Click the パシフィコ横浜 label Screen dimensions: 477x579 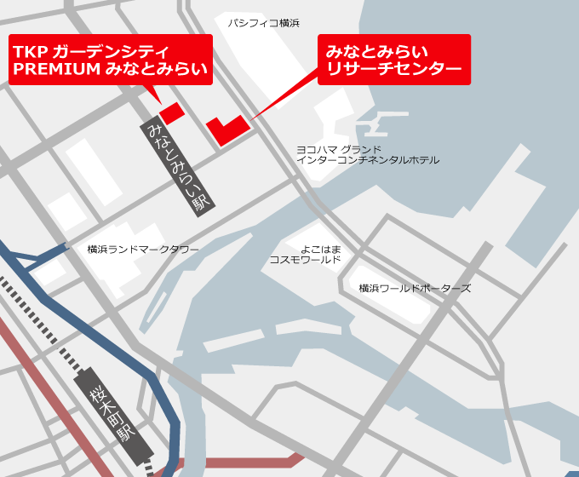tap(263, 23)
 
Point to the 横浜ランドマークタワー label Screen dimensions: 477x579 tap(143, 250)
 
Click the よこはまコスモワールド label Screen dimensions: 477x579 tap(306, 254)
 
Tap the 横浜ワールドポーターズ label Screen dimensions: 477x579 tap(415, 289)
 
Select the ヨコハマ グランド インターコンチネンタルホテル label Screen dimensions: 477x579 tap(367, 154)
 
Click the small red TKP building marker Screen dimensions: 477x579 tap(172, 112)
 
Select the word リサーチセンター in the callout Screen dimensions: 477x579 tap(393, 69)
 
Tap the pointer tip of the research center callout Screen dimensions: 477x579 tap(251, 118)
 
